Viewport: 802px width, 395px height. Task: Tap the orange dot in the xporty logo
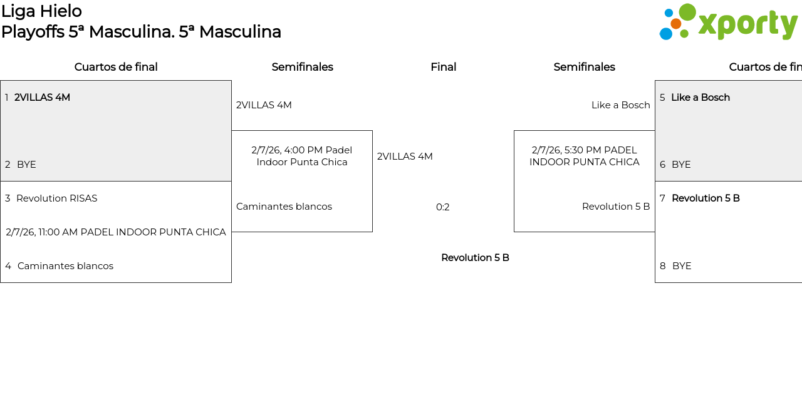pos(675,24)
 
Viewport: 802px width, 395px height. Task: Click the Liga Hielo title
pos(41,11)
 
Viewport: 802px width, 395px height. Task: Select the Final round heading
pos(443,67)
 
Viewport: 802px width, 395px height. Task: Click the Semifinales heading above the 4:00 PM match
pos(302,67)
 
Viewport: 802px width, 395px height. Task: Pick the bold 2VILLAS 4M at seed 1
pos(42,98)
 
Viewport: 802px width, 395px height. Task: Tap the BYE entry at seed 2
pos(26,165)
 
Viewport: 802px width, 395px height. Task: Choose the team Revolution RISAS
pos(56,198)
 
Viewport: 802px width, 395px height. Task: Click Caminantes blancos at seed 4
pos(65,266)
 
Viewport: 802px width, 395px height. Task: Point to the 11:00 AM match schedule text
pos(116,232)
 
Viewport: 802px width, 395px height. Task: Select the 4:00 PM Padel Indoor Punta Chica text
pos(302,156)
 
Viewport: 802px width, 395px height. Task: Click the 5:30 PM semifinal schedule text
pos(584,156)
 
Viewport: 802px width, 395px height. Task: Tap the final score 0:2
pos(443,207)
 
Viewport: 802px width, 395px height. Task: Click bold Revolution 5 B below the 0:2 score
pos(475,258)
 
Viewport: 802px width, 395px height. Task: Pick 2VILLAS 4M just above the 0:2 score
pos(405,156)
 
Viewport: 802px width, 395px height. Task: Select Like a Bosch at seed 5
pos(700,98)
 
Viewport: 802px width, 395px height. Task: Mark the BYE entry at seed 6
pos(681,165)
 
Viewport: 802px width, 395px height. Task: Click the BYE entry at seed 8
pos(682,266)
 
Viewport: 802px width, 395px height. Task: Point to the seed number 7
pos(662,198)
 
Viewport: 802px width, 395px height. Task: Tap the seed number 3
pos(8,198)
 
